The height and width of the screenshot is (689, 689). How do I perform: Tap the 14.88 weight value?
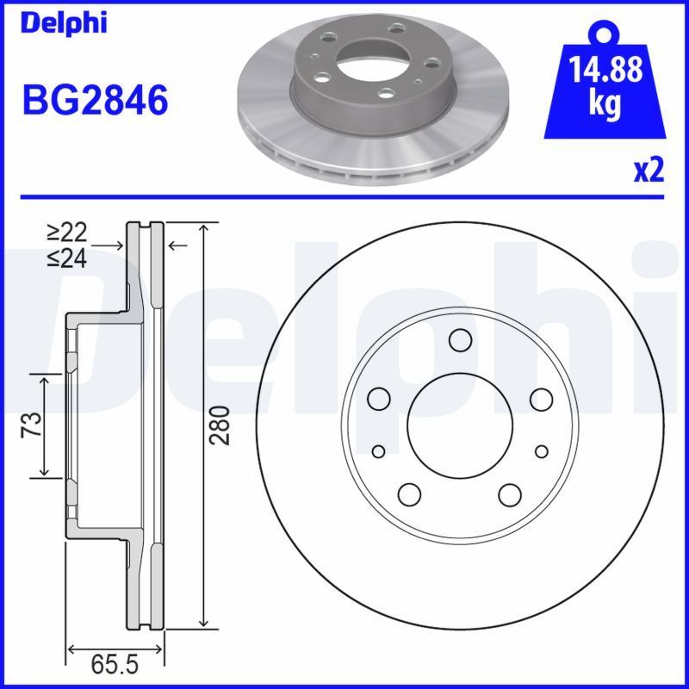pos(605,70)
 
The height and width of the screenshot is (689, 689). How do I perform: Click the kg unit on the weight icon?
pos(605,104)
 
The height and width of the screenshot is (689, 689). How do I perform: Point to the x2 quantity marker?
pos(649,171)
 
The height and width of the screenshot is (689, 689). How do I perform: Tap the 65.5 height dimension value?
pos(115,666)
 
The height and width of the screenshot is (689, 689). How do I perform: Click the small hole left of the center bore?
pos(378,451)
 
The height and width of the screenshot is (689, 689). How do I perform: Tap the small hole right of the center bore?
pos(541,451)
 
